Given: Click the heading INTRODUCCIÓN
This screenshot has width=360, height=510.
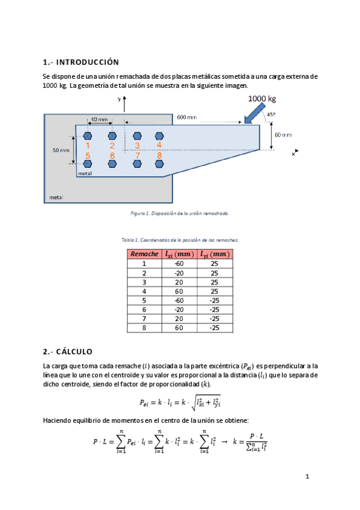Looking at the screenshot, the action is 87,62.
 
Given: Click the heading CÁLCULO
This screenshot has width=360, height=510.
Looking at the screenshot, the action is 74,352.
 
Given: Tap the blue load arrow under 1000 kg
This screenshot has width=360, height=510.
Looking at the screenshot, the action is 254,114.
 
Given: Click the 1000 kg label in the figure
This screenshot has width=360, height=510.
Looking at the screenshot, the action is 262,99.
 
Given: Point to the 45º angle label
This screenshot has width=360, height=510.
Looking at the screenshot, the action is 271,114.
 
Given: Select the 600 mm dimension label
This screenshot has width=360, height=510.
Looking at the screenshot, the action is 187,117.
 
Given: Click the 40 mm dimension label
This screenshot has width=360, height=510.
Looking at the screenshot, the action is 99,119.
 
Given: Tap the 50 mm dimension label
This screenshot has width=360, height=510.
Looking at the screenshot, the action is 61,150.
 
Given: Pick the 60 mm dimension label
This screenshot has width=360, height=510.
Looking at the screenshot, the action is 283,135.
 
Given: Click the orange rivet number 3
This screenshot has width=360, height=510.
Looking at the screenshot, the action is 137,146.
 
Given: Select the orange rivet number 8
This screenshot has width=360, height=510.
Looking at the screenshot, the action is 159,156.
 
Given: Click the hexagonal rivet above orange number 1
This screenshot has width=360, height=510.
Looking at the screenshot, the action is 87,136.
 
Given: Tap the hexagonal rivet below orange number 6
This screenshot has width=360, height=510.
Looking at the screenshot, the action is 112,164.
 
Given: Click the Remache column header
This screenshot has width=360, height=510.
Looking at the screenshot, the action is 144,254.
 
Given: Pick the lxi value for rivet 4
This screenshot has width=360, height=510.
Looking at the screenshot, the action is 179,292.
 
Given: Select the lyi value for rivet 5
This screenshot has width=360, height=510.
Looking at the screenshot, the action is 214,301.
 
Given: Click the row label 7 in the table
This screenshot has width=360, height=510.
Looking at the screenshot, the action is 144,319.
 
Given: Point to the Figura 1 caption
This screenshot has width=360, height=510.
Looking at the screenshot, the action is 180,214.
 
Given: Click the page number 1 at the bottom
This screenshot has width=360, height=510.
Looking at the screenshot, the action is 307,476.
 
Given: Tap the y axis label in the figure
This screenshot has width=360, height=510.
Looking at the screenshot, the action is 119,99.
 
